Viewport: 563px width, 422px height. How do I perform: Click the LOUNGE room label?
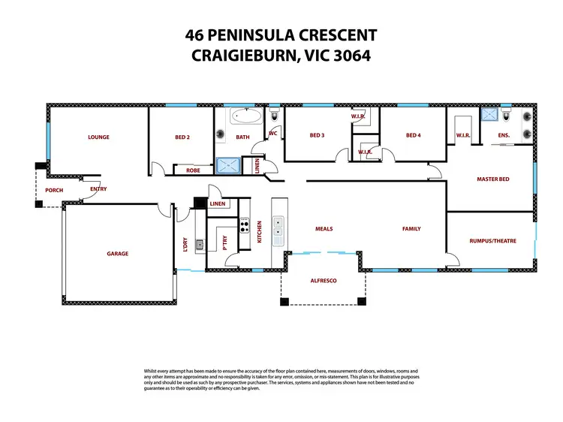(98, 137)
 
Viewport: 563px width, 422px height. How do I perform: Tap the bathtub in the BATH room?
(245, 116)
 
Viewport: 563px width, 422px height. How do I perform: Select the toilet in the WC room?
(275, 116)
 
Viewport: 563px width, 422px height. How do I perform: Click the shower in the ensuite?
(491, 114)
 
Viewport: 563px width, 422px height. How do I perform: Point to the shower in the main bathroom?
(226, 167)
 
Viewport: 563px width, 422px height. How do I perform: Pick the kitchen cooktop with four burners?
(244, 224)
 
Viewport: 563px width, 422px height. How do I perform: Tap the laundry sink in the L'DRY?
(199, 244)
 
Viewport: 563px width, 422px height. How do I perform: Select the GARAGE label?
(117, 254)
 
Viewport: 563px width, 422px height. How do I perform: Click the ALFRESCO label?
(324, 280)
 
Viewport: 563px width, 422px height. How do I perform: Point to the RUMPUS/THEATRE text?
(492, 241)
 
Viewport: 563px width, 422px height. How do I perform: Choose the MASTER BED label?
(493, 179)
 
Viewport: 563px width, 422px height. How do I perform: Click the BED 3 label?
(317, 136)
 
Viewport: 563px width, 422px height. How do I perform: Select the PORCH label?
(54, 190)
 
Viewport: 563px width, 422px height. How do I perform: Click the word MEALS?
(324, 229)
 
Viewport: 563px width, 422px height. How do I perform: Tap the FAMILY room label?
(411, 229)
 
